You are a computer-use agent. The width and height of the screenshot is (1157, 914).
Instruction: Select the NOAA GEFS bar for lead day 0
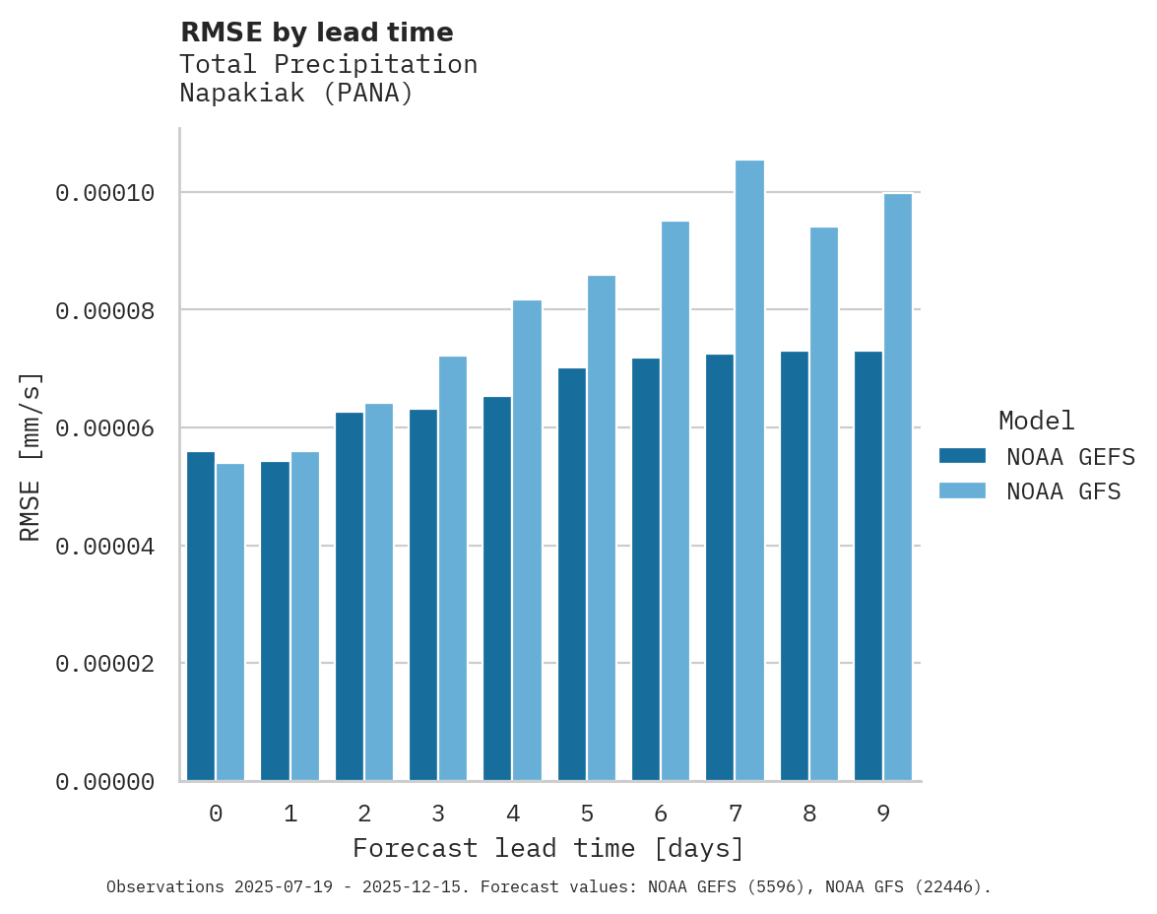pos(201,617)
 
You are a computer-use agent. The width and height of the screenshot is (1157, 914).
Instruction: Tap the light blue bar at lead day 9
pos(898,488)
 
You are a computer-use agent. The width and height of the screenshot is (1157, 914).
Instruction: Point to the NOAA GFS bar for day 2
pos(379,592)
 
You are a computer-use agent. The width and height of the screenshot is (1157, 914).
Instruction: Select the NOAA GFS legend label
pos(1063,490)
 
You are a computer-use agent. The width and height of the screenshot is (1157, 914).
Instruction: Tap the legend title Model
pos(1036,421)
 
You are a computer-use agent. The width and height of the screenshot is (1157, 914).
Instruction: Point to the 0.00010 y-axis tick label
pos(105,193)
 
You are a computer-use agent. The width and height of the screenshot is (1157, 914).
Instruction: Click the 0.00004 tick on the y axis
pos(105,546)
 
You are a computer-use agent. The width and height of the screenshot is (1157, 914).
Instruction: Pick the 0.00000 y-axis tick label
pos(105,782)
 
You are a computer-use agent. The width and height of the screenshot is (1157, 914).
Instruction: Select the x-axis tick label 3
pos(438,814)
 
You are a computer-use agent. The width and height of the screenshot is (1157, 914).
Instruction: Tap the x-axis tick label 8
pos(809,814)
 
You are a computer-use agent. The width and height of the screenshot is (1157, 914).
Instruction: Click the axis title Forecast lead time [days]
pos(548,848)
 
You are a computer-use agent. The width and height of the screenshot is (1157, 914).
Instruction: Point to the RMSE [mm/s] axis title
pos(31,456)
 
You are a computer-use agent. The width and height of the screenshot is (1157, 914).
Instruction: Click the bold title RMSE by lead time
pos(316,33)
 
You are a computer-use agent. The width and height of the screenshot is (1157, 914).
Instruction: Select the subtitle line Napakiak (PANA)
pos(296,94)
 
